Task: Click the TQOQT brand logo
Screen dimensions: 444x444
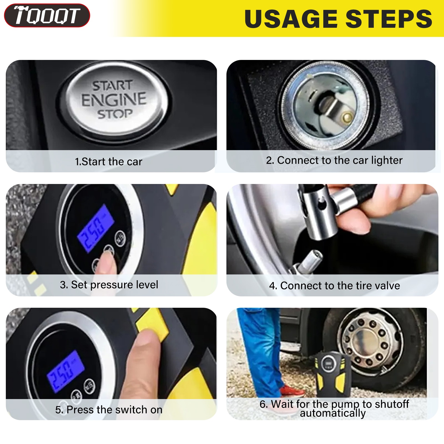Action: (47, 15)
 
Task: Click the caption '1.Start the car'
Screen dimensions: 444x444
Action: (109, 162)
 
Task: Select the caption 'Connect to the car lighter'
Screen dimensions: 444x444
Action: (340, 160)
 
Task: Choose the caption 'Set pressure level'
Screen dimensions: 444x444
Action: (115, 285)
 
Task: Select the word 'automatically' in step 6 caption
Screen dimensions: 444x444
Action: (333, 413)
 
